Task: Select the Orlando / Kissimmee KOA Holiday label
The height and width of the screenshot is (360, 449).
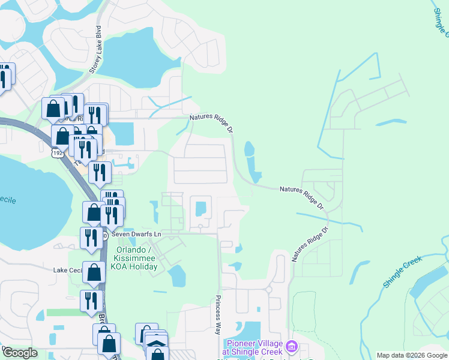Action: tap(133, 258)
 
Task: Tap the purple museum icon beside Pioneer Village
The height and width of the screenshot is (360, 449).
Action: tap(292, 346)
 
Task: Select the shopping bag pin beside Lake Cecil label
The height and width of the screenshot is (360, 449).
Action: tap(94, 273)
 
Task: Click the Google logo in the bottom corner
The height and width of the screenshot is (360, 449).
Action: tap(20, 353)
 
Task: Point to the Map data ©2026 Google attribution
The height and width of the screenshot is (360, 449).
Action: tap(411, 355)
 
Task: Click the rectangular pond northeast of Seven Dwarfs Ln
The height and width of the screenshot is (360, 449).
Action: tap(200, 208)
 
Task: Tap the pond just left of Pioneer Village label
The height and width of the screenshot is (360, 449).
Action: tap(250, 331)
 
